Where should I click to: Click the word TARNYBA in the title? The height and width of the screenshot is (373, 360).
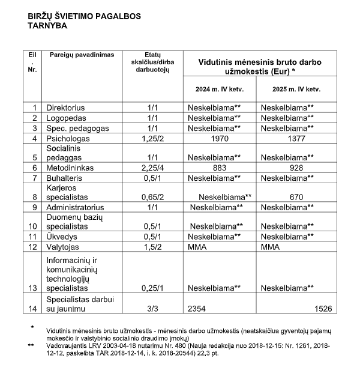47,26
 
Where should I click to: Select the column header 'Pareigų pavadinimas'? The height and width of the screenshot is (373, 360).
82,55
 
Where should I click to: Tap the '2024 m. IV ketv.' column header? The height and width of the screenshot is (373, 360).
219,89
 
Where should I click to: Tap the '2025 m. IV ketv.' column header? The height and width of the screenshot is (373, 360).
295,89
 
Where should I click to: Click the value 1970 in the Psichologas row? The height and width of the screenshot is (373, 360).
219,138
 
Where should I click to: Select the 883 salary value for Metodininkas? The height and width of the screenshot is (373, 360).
219,168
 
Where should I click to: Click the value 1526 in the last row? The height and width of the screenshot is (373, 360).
323,308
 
